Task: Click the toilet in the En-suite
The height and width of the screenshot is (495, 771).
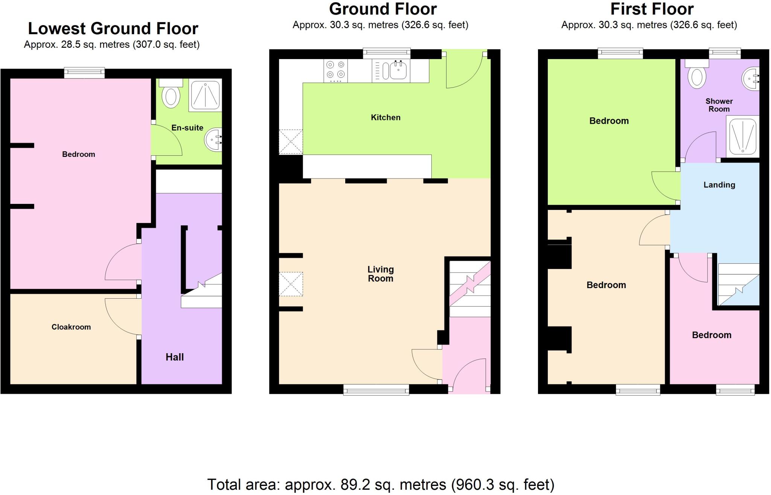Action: point(171,96)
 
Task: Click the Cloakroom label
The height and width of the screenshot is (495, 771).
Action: point(71,327)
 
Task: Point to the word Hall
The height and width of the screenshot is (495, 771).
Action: point(175,357)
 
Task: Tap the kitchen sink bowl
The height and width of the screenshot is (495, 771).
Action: point(398,70)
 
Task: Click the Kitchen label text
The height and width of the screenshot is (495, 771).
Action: point(385,117)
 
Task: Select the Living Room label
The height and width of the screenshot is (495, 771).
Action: point(380,274)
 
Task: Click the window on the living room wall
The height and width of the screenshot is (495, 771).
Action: point(376,390)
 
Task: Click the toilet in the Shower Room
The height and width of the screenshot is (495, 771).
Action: point(696,77)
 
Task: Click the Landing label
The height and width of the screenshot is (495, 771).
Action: point(719,185)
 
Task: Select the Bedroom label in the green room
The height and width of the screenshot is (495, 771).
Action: point(609,121)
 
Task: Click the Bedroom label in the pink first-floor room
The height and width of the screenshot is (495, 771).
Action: point(712,335)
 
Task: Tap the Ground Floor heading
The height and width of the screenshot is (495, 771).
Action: point(382,9)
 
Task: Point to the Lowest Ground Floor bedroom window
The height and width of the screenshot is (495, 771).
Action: point(84,73)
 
